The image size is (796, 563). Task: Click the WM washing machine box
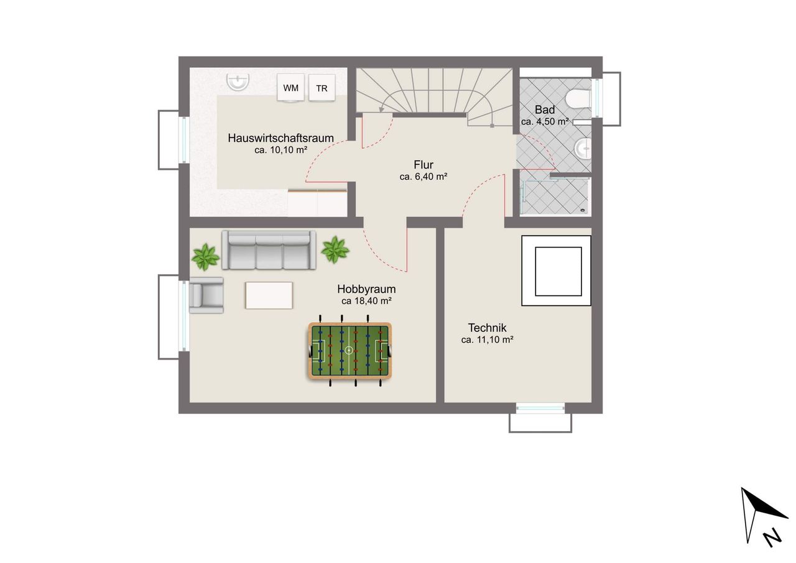point(290,88)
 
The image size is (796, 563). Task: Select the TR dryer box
point(322,88)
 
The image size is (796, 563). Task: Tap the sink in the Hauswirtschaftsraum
point(238,82)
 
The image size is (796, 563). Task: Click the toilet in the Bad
point(578,98)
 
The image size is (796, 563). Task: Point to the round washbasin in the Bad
point(583,147)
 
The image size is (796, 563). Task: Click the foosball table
point(350,351)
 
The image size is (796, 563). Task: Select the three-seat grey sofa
point(269,250)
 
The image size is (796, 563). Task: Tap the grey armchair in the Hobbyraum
point(206,295)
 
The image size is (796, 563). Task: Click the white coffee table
point(269,295)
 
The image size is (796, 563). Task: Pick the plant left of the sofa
point(205,257)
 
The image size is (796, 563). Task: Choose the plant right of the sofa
point(335,250)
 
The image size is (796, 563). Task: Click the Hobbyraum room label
point(366,289)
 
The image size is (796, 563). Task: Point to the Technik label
point(487,327)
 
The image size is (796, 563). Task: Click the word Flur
point(423,165)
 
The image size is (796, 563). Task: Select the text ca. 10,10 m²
point(280,150)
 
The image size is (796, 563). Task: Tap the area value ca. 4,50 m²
point(545,121)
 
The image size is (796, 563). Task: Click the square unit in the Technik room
point(556,271)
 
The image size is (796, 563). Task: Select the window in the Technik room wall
point(540,407)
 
